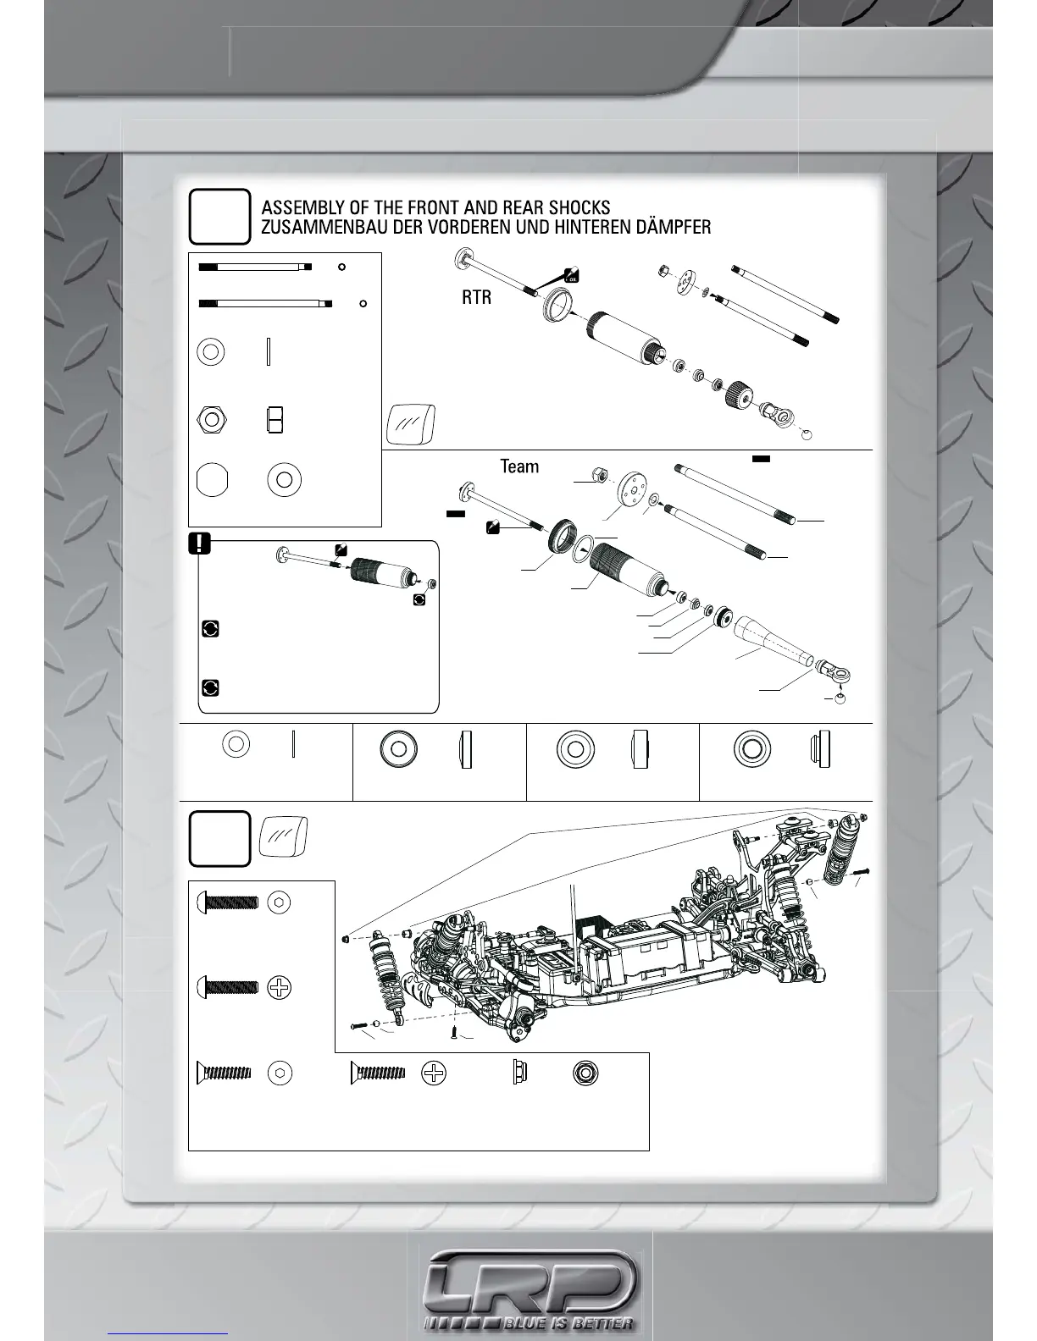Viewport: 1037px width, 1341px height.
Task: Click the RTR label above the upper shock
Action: [476, 298]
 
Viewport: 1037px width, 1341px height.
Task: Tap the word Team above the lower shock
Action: [519, 466]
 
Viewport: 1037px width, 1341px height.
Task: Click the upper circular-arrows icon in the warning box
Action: [211, 628]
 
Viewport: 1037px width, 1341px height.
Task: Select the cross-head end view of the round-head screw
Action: [280, 987]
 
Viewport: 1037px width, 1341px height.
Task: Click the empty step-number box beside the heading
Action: [219, 217]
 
